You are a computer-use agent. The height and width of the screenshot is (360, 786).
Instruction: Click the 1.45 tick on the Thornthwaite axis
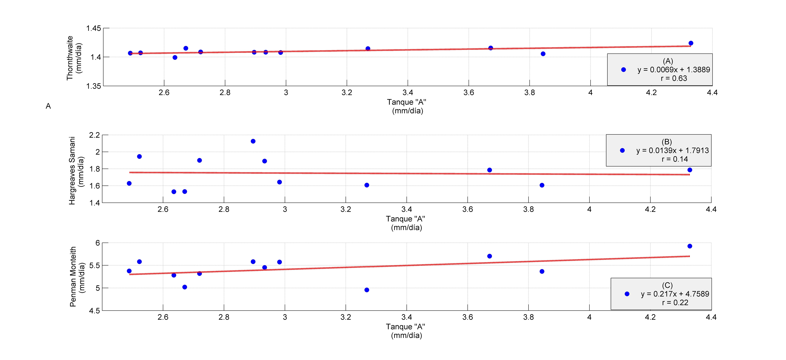(93, 28)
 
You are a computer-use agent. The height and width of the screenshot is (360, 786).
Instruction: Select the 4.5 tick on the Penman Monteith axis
(94, 311)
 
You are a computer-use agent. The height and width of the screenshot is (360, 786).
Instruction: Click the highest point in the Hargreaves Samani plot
(253, 141)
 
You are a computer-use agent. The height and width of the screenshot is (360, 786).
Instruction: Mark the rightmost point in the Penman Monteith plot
(690, 246)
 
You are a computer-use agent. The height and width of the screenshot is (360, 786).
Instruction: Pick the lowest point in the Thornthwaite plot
(175, 57)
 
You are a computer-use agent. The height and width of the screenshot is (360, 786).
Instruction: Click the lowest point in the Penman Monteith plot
(367, 290)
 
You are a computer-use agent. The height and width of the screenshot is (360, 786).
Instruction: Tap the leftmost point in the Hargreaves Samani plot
(129, 183)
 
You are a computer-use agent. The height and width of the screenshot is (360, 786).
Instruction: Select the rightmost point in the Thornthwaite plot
(691, 43)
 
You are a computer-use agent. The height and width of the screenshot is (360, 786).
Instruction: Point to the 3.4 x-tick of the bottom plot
(406, 317)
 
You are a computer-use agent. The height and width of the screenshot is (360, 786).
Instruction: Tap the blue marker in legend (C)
(627, 294)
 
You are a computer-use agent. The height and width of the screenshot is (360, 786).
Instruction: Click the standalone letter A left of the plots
(48, 106)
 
